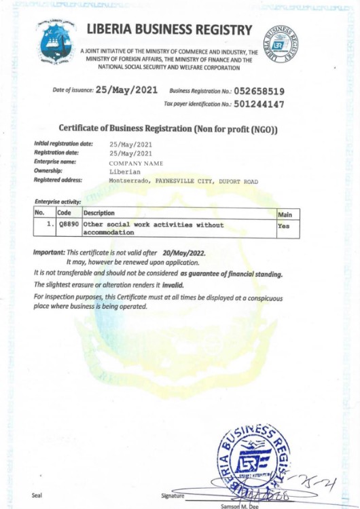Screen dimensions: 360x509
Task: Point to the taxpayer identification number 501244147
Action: pos(259,105)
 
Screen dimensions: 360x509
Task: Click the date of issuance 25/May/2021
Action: pos(127,90)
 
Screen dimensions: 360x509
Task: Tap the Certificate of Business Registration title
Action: pos(168,128)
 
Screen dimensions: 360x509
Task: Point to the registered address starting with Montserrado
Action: pos(183,181)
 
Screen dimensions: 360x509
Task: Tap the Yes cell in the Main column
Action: pos(283,225)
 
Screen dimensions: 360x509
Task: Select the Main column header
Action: pos(285,214)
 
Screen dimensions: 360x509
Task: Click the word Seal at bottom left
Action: pos(38,495)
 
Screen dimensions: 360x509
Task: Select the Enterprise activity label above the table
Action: pos(58,202)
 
